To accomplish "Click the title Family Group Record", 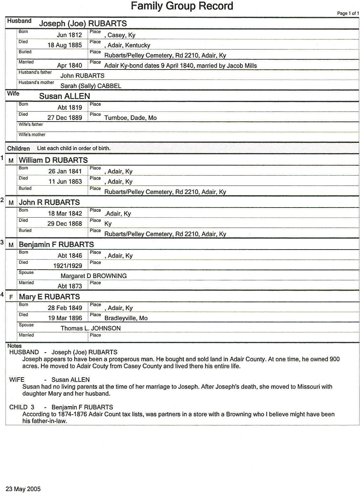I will pos(182,6).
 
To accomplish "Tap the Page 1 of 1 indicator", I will pos(348,13).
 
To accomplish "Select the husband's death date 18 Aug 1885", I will pos(65,45).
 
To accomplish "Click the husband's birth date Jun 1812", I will pos(69,35).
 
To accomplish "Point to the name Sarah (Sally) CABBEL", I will pos(91,86).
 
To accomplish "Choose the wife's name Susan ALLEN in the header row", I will pos(65,96).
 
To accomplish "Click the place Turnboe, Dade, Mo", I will pos(130,118).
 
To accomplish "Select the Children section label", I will pos(18,149).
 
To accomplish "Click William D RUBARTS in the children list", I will pos(53,160).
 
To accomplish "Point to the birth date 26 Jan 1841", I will pos(65,171).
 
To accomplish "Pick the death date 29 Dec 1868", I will pos(65,224).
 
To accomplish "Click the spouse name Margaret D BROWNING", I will pos(93,276).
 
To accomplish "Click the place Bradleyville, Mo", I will pos(126,318).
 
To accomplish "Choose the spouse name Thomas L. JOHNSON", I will pos(90,328).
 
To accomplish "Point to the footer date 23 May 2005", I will pos(23,489).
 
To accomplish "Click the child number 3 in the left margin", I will pos(2,242).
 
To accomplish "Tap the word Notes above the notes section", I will pos(14,346).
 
